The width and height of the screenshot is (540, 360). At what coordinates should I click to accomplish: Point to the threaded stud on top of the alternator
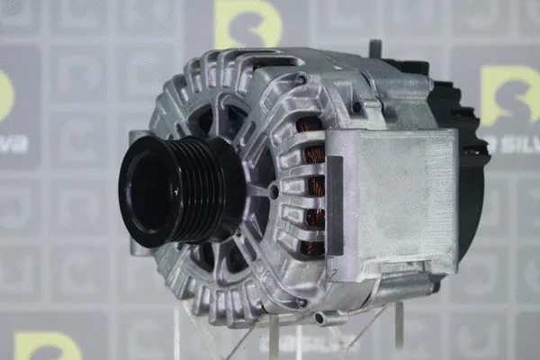pos(375,49)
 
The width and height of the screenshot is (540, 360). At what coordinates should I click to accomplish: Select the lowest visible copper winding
pos(312,246)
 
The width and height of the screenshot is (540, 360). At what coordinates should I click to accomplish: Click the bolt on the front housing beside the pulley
pos(274,192)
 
